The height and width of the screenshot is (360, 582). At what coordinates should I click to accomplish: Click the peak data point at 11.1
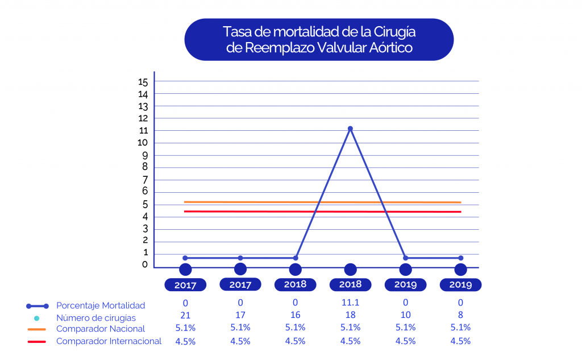click(350, 129)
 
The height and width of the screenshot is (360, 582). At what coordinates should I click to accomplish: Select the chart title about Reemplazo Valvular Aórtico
click(319, 39)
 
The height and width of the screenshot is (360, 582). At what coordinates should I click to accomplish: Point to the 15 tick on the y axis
click(143, 82)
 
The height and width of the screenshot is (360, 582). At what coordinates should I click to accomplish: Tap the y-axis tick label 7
click(145, 180)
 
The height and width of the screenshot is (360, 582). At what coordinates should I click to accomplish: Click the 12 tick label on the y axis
click(143, 118)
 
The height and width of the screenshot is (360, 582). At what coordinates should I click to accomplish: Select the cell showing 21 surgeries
click(185, 316)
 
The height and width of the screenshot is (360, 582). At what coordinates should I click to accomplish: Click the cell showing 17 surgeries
click(240, 316)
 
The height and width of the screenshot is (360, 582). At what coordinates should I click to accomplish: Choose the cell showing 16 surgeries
click(296, 316)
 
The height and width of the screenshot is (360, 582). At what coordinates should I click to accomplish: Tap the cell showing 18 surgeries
click(350, 316)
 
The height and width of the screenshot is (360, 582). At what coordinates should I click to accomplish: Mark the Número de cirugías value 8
click(460, 316)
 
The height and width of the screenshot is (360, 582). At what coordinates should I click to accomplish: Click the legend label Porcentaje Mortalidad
click(101, 306)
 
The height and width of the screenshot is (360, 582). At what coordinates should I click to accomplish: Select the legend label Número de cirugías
click(96, 318)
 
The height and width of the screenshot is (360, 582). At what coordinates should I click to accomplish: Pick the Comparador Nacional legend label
click(101, 329)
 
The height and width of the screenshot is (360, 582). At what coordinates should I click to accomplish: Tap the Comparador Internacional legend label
click(109, 341)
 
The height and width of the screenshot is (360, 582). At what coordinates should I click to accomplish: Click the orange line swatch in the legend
click(36, 329)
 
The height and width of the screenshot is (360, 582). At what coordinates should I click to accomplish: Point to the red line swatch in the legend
click(36, 342)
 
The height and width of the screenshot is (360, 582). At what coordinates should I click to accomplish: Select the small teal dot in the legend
click(37, 318)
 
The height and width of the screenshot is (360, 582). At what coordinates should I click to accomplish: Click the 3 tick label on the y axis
click(145, 229)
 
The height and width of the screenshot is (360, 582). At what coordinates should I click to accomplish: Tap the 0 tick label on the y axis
click(145, 264)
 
